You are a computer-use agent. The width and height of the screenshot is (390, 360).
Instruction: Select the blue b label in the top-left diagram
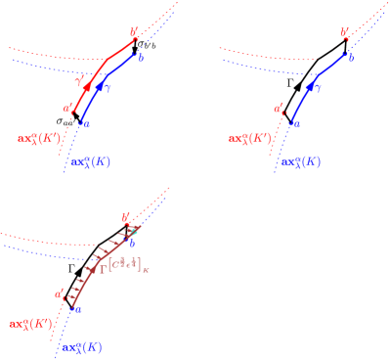[x=142, y=59]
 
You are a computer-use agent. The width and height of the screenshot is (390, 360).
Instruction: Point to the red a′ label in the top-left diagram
[x=66, y=109]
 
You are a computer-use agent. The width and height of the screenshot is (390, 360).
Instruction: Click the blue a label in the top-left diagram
[x=86, y=125]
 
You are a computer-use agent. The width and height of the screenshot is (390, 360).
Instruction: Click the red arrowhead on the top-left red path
[x=88, y=88]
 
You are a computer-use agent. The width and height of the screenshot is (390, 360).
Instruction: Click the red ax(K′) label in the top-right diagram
[x=249, y=139]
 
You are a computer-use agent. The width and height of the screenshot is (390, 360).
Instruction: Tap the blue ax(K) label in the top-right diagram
[x=300, y=161]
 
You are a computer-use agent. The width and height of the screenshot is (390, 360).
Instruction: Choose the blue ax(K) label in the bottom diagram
[x=80, y=346]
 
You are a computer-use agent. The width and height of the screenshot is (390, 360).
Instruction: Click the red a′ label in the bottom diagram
[x=61, y=292]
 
